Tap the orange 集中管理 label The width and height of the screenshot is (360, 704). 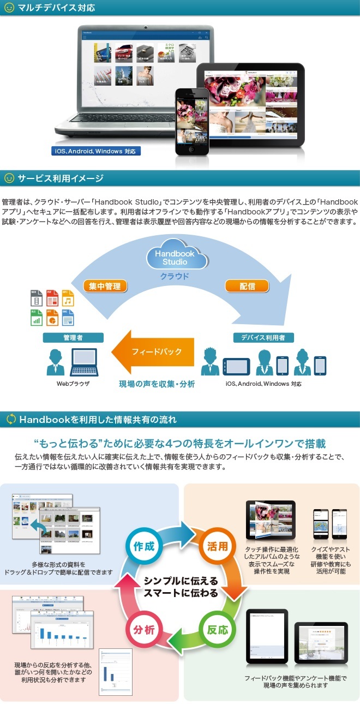coord(105,285)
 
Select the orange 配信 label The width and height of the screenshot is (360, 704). coord(239,285)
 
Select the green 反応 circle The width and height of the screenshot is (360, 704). coord(217,629)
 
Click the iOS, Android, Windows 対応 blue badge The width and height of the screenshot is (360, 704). coord(95,151)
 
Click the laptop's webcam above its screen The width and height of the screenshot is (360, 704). coord(146,27)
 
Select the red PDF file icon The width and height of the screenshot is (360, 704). coord(52,298)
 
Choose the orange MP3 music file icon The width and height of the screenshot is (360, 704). coord(68,298)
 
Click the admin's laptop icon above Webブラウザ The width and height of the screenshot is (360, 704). coord(84,361)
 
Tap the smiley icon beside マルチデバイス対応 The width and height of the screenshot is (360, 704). coord(9,8)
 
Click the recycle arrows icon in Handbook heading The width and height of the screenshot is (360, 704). coord(10,419)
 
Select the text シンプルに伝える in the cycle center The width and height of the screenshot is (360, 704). coord(181,581)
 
